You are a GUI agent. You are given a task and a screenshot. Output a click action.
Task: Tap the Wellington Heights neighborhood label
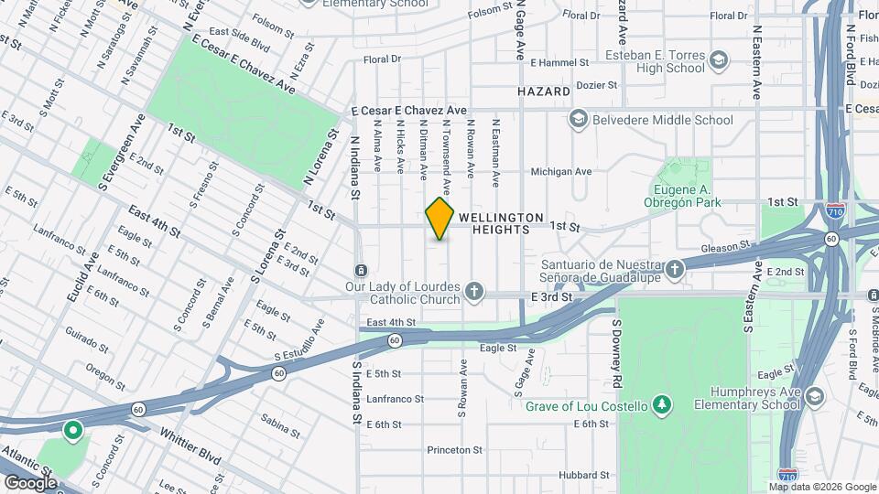500,224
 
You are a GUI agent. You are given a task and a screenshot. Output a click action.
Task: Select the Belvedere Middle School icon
578,120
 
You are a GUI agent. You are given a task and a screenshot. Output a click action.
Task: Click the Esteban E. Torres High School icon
720,60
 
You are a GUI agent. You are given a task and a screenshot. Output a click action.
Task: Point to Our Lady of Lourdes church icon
472,292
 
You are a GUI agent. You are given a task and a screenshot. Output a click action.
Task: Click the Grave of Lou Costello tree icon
661,405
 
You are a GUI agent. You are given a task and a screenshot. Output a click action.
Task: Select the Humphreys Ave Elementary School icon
814,395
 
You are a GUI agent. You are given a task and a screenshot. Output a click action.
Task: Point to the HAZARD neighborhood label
544,92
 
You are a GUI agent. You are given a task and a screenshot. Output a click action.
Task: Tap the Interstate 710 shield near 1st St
834,209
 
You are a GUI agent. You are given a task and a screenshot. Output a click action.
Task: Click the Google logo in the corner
30,482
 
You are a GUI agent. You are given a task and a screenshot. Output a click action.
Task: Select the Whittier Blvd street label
190,445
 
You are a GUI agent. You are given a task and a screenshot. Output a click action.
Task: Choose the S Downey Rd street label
617,341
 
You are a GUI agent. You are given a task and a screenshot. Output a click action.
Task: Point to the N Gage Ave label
520,29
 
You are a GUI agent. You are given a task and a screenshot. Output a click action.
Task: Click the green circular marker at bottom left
71,429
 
